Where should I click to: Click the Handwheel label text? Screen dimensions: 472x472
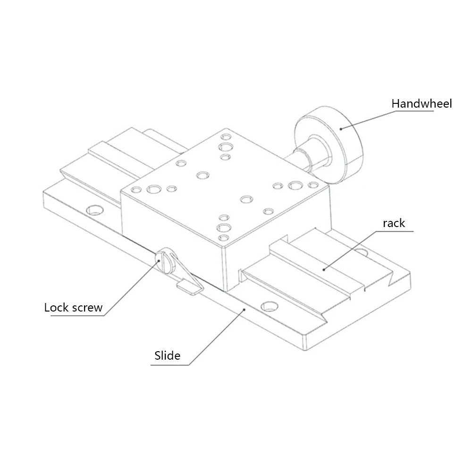[421, 103]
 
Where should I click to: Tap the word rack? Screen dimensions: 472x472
[394, 223]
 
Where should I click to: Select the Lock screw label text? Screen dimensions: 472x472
[73, 308]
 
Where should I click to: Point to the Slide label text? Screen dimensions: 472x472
[167, 355]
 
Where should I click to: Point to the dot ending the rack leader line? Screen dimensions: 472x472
[324, 270]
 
